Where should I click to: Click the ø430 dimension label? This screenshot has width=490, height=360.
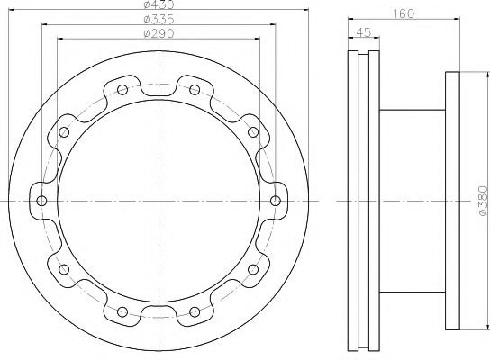tap(159, 4)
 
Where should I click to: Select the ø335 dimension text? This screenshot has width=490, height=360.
tap(159, 20)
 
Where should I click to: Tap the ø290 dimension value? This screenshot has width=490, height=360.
tap(159, 33)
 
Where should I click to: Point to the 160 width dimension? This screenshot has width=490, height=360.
tap(404, 13)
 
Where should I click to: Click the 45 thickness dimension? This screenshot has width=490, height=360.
tap(364, 31)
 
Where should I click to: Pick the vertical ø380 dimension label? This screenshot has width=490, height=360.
tap(483, 201)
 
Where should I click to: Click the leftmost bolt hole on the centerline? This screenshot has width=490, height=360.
tap(41, 201)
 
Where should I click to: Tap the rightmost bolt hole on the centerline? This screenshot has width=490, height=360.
tap(276, 201)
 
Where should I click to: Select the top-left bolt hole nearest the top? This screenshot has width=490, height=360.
tap(122, 90)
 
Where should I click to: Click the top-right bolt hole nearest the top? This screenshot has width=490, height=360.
tap(195, 90)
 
